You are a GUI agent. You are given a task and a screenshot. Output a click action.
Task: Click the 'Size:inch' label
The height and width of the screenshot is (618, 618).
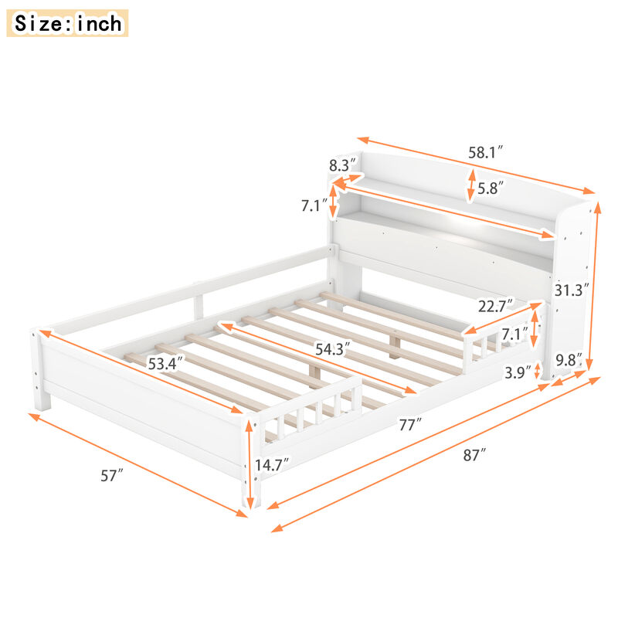(x=68, y=23)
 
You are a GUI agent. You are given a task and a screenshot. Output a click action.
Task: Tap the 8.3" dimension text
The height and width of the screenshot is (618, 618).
(x=341, y=165)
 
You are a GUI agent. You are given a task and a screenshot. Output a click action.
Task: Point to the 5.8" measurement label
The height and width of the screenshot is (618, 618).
(x=491, y=187)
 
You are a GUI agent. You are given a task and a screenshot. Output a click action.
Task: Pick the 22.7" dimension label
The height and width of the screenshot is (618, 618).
(x=495, y=307)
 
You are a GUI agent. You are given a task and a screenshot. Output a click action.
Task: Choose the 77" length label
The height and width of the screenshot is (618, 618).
(x=409, y=424)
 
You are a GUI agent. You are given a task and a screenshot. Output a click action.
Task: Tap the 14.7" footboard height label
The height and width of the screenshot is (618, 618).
(x=272, y=463)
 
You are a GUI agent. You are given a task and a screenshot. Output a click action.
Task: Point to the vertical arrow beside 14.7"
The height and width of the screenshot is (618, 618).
(x=249, y=463)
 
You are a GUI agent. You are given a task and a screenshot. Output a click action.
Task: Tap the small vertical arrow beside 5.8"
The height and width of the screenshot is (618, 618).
(x=470, y=185)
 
